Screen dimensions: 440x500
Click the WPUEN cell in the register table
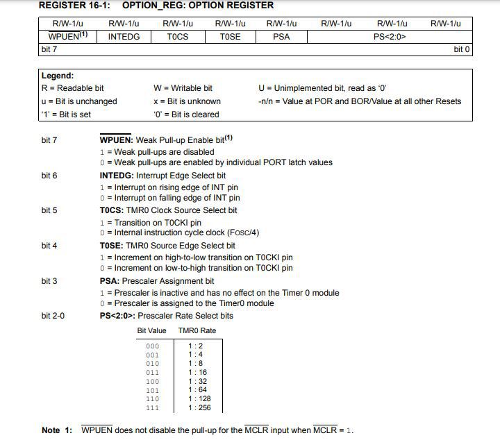click(67, 36)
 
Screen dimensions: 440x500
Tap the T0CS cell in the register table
click(177, 36)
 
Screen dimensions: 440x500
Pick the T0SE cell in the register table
click(230, 36)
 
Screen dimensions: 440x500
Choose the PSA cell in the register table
click(282, 36)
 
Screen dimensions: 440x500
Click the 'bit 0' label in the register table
click(462, 49)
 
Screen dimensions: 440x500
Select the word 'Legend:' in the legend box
click(58, 76)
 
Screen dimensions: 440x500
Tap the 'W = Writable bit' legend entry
click(183, 88)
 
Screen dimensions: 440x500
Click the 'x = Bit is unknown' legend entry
click(187, 101)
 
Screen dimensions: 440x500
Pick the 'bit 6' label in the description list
click(49, 176)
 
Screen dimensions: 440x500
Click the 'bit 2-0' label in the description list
click(53, 316)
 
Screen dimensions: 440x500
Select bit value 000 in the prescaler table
click(152, 346)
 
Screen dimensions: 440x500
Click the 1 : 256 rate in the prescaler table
click(199, 408)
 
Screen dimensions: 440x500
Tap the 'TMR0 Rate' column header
click(197, 330)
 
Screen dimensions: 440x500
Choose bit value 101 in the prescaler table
click(152, 391)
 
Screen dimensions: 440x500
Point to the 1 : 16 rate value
click(197, 373)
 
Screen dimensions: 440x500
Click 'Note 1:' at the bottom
click(57, 430)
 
